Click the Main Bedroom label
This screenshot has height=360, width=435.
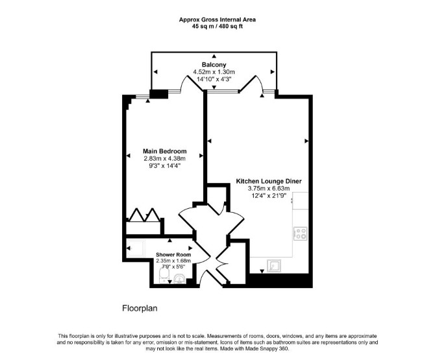click(164, 151)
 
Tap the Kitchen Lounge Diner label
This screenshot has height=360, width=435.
click(269, 181)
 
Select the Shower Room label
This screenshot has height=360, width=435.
click(173, 255)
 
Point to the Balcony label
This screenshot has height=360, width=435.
click(214, 65)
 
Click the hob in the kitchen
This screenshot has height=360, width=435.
click(301, 234)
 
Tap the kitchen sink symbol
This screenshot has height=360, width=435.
click(275, 266)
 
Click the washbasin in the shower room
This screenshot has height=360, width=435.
click(179, 279)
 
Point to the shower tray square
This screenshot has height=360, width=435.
click(136, 248)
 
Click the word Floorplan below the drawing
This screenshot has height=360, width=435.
click(140, 308)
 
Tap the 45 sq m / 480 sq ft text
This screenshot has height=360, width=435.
click(217, 27)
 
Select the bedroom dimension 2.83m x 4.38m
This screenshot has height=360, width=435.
click(164, 159)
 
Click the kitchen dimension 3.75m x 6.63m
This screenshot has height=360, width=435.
click(269, 189)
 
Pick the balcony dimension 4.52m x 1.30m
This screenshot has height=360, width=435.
click(214, 72)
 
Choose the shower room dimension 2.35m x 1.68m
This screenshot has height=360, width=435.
click(173, 261)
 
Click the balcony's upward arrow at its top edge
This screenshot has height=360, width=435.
click(214, 56)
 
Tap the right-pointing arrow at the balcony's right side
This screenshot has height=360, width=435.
click(273, 72)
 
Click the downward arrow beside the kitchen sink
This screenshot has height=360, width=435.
click(262, 271)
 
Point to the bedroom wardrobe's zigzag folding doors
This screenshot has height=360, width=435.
click(144, 215)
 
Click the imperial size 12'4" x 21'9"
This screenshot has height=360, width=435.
click(269, 196)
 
